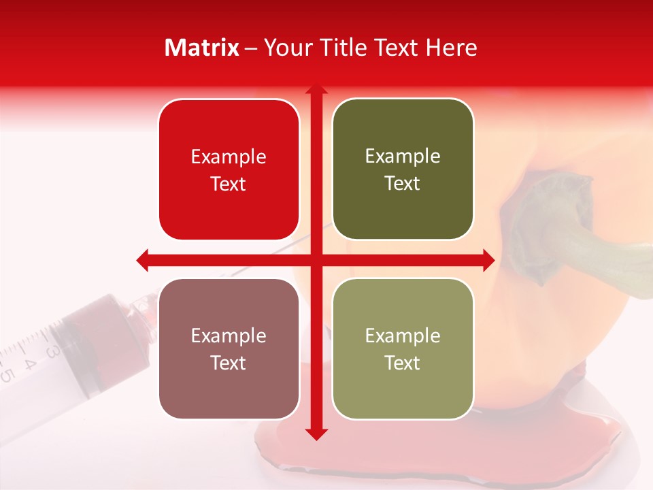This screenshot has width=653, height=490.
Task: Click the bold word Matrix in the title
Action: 202,48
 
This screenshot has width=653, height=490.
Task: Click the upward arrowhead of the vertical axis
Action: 316,90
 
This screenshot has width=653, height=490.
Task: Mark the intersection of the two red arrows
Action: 316,259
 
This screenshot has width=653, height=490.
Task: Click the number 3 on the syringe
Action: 52,352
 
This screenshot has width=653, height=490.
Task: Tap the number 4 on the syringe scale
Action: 29,362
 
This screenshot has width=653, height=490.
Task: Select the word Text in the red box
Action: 229,184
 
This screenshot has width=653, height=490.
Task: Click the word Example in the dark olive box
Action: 403,157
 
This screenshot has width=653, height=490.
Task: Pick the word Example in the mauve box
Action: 229,336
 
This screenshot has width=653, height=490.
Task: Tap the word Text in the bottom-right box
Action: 403,363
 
